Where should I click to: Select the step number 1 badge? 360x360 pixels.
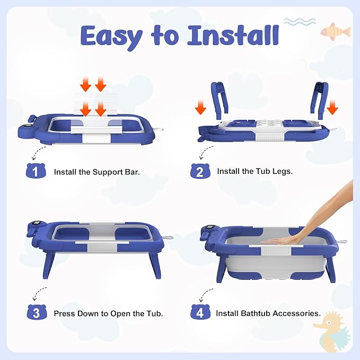tap(35, 172)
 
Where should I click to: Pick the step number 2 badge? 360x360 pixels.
tap(199, 172)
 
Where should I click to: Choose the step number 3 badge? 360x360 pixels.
tap(35, 313)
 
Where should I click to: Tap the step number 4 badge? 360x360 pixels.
tap(199, 313)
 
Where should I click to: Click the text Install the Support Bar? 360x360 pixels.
tap(97, 172)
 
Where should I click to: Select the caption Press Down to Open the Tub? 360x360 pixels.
tap(108, 313)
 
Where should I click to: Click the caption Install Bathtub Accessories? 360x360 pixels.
tap(268, 313)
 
